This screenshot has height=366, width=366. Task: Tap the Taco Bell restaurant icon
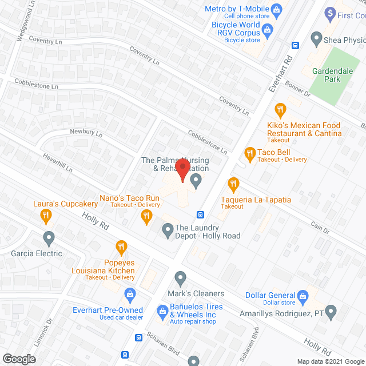tap(249, 153)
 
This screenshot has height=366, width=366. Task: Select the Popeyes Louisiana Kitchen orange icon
tap(121, 247)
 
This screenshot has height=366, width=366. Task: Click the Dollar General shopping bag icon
tap(304, 295)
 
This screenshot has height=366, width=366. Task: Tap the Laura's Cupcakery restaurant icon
tap(46, 215)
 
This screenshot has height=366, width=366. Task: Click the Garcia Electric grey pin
tap(49, 237)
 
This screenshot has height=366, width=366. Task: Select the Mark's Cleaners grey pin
tap(181, 279)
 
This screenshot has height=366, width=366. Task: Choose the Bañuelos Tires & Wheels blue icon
tap(162, 311)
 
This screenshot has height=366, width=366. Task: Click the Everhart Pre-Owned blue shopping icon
tap(130, 295)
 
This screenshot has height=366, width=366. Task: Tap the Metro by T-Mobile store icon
tap(277, 9)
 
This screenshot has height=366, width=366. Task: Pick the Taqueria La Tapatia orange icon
tap(233, 184)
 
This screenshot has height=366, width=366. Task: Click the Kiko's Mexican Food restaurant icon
tap(280, 109)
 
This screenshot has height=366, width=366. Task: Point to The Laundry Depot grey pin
tap(168, 230)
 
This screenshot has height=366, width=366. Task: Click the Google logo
tap(18, 359)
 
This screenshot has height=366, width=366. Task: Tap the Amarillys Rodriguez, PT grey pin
tap(329, 312)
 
